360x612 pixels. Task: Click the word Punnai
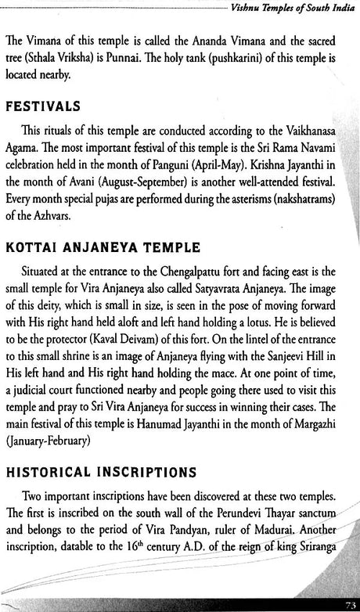point(222,58)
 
